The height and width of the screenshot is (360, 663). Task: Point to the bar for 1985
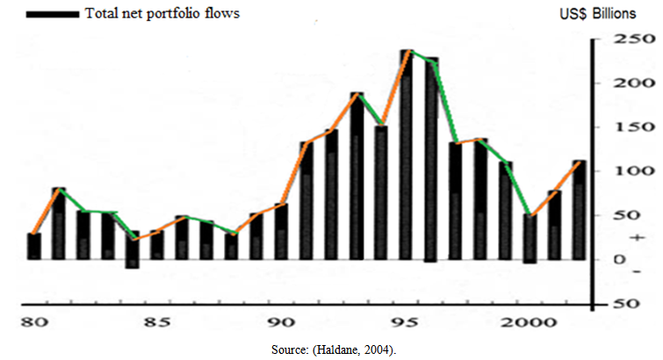[156, 245]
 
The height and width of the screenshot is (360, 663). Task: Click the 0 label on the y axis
[619, 260]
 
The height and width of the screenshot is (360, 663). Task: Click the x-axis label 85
[155, 322]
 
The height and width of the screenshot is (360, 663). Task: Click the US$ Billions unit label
[607, 15]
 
